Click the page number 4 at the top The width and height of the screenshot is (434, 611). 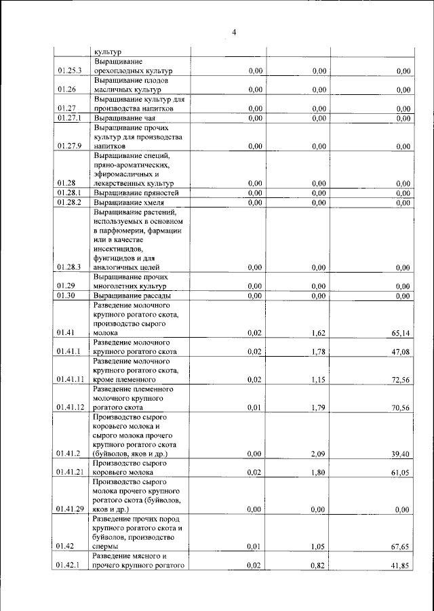pyautogui.click(x=233, y=32)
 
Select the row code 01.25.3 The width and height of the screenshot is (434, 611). pyautogui.click(x=70, y=71)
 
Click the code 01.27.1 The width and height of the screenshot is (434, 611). pyautogui.click(x=70, y=118)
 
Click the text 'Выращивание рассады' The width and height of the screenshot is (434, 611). pyautogui.click(x=132, y=296)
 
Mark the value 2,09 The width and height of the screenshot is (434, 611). pyautogui.click(x=318, y=453)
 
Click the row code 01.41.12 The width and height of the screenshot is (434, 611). pyautogui.click(x=71, y=408)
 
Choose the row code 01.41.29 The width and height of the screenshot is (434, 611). pyautogui.click(x=71, y=509)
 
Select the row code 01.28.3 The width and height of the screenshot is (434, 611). pyautogui.click(x=70, y=267)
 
